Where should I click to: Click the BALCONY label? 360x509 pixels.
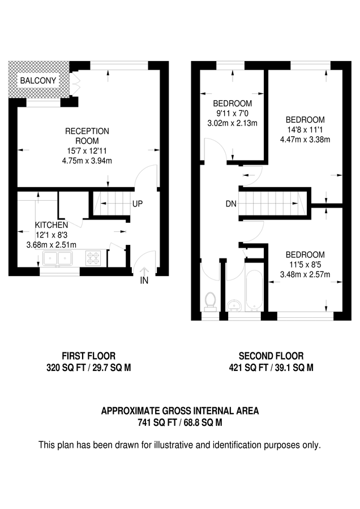[38, 81]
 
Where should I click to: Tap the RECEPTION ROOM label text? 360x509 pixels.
[87, 136]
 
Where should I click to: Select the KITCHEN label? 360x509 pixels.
[52, 225]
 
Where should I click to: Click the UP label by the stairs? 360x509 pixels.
[138, 204]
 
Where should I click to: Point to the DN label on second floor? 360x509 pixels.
[231, 204]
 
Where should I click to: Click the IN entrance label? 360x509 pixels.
[145, 281]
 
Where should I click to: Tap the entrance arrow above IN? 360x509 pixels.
[145, 271]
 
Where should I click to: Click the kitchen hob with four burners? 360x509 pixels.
[93, 258]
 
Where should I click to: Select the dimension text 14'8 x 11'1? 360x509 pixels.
[305, 130]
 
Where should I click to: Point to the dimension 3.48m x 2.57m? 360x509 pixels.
[305, 274]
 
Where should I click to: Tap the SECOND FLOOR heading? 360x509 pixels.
[271, 356]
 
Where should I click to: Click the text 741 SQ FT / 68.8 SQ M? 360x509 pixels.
[179, 422]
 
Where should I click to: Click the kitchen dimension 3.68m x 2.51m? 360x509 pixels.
[52, 244]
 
